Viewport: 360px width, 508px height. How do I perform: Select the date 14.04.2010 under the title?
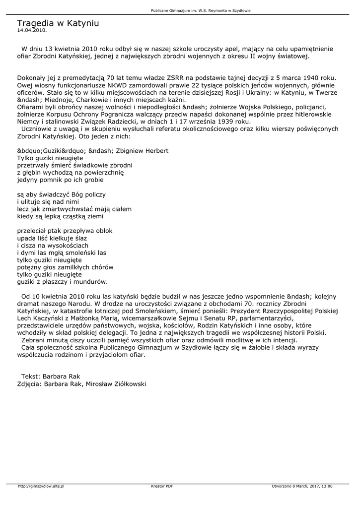pyautogui.click(x=32, y=30)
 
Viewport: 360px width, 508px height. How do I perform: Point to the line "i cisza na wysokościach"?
pyautogui.click(x=53, y=245)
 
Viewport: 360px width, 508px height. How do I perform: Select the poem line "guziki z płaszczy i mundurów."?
pyautogui.click(x=63, y=281)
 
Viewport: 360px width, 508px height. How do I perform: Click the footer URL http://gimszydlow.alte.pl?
pyautogui.click(x=41, y=486)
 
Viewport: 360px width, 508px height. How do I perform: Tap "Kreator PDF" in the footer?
pyautogui.click(x=162, y=486)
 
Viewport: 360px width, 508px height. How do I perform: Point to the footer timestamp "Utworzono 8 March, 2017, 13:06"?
pyautogui.click(x=302, y=486)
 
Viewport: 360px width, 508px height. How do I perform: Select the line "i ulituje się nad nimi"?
pyautogui.click(x=48, y=202)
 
